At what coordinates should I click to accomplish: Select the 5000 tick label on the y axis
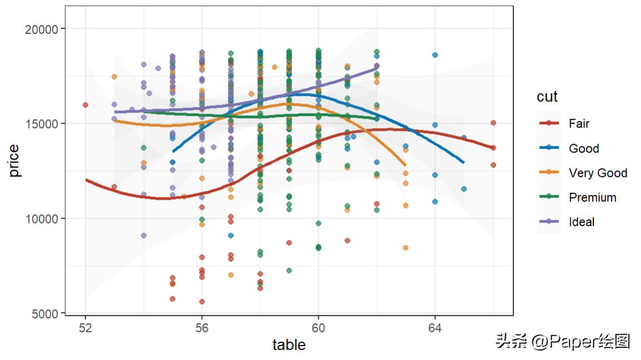(44, 313)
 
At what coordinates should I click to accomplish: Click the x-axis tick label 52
(85, 328)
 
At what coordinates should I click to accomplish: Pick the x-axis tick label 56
(202, 328)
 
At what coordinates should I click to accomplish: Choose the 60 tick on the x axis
(318, 328)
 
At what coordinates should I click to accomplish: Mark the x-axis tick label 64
(435, 328)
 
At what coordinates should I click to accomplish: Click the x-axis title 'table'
(289, 345)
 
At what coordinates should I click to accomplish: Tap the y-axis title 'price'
(14, 161)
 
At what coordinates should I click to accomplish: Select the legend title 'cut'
(547, 97)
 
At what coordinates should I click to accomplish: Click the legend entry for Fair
(579, 124)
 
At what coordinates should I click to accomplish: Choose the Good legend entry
(583, 148)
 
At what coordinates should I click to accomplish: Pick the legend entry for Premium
(592, 197)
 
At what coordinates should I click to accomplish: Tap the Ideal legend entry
(581, 222)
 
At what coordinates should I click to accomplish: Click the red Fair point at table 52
(85, 105)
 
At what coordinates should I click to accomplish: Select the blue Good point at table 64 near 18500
(435, 55)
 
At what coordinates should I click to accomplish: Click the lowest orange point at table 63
(405, 247)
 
